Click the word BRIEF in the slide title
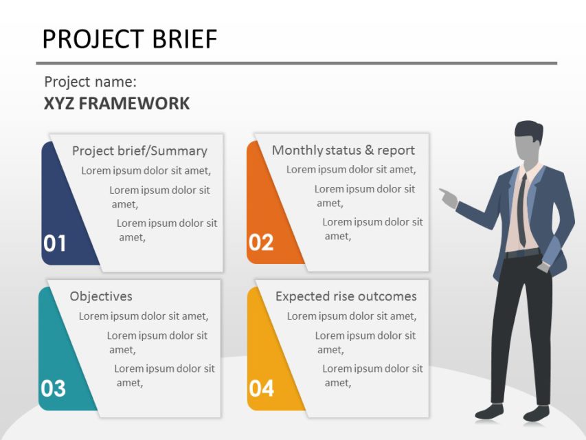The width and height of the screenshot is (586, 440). point(181,39)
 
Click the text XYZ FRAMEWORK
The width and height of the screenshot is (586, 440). point(117,104)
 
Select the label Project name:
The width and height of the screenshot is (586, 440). point(90,82)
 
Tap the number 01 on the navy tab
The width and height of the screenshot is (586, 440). point(55,243)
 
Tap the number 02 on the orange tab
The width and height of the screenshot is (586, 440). point(261,242)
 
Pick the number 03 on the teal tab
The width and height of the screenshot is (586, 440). point(53,388)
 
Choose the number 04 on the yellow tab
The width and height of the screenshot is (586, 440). point(261,388)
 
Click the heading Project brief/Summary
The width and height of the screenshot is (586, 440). point(139,151)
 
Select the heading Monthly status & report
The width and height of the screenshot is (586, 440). point(343,150)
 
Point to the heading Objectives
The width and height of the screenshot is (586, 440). point(101,296)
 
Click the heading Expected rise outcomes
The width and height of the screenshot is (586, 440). point(346,296)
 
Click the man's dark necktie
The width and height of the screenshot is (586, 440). point(523,210)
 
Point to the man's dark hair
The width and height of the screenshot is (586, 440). point(528,130)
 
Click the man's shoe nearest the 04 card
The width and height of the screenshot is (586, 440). point(490,412)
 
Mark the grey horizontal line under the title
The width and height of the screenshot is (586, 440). point(296,63)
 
